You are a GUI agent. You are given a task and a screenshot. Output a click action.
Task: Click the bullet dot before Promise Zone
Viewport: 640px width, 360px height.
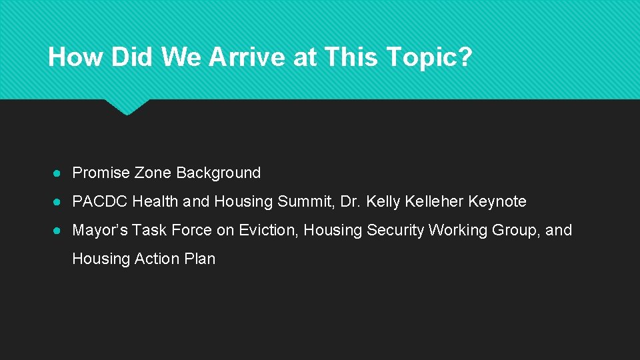click(x=59, y=173)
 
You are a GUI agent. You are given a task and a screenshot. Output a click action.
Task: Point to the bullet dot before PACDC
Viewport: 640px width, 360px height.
click(x=59, y=202)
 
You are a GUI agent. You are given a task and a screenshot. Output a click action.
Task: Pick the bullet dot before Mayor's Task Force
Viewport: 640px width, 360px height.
click(x=59, y=231)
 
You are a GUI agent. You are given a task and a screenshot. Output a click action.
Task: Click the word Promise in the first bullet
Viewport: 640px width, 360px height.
click(x=101, y=173)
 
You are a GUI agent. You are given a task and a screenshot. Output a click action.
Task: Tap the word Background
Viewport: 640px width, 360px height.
click(x=218, y=173)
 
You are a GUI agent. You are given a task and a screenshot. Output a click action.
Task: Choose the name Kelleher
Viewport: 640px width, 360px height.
click(x=433, y=201)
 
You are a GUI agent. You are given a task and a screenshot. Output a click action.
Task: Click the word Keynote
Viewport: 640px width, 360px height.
click(x=497, y=201)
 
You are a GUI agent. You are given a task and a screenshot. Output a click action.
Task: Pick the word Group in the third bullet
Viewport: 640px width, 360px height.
click(x=513, y=230)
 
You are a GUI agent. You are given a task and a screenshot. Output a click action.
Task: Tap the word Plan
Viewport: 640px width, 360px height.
click(x=201, y=259)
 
